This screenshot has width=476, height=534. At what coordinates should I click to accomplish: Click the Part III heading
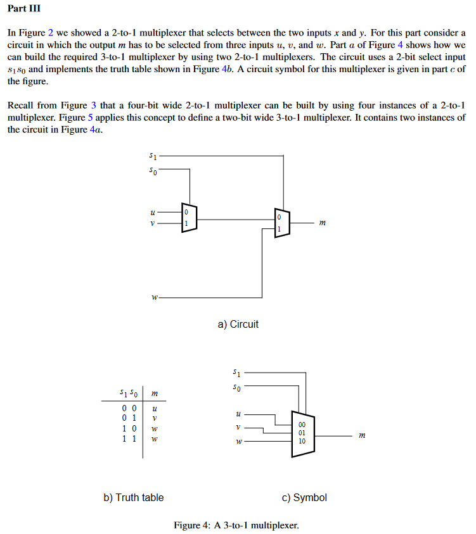tap(23, 9)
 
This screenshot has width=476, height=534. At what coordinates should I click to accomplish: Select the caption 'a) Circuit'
tap(238, 325)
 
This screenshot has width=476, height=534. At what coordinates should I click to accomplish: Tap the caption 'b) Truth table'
tap(133, 498)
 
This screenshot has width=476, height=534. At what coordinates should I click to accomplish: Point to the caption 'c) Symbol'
tap(304, 498)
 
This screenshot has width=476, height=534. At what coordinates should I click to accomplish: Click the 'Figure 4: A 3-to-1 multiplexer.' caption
tap(236, 525)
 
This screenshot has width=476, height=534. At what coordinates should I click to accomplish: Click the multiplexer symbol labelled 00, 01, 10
tap(302, 433)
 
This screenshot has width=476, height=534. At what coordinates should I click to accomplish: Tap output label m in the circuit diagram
tap(323, 223)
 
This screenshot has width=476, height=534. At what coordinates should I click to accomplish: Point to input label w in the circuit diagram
tap(154, 297)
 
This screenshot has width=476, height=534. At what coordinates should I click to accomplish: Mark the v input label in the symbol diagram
tap(238, 428)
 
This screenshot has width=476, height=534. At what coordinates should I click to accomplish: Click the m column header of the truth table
tap(155, 394)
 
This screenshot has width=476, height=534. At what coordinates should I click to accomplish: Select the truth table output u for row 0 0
tap(155, 408)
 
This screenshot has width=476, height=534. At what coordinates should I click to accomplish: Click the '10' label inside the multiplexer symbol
tap(302, 441)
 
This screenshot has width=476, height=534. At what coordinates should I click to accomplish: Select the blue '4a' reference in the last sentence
tap(96, 130)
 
